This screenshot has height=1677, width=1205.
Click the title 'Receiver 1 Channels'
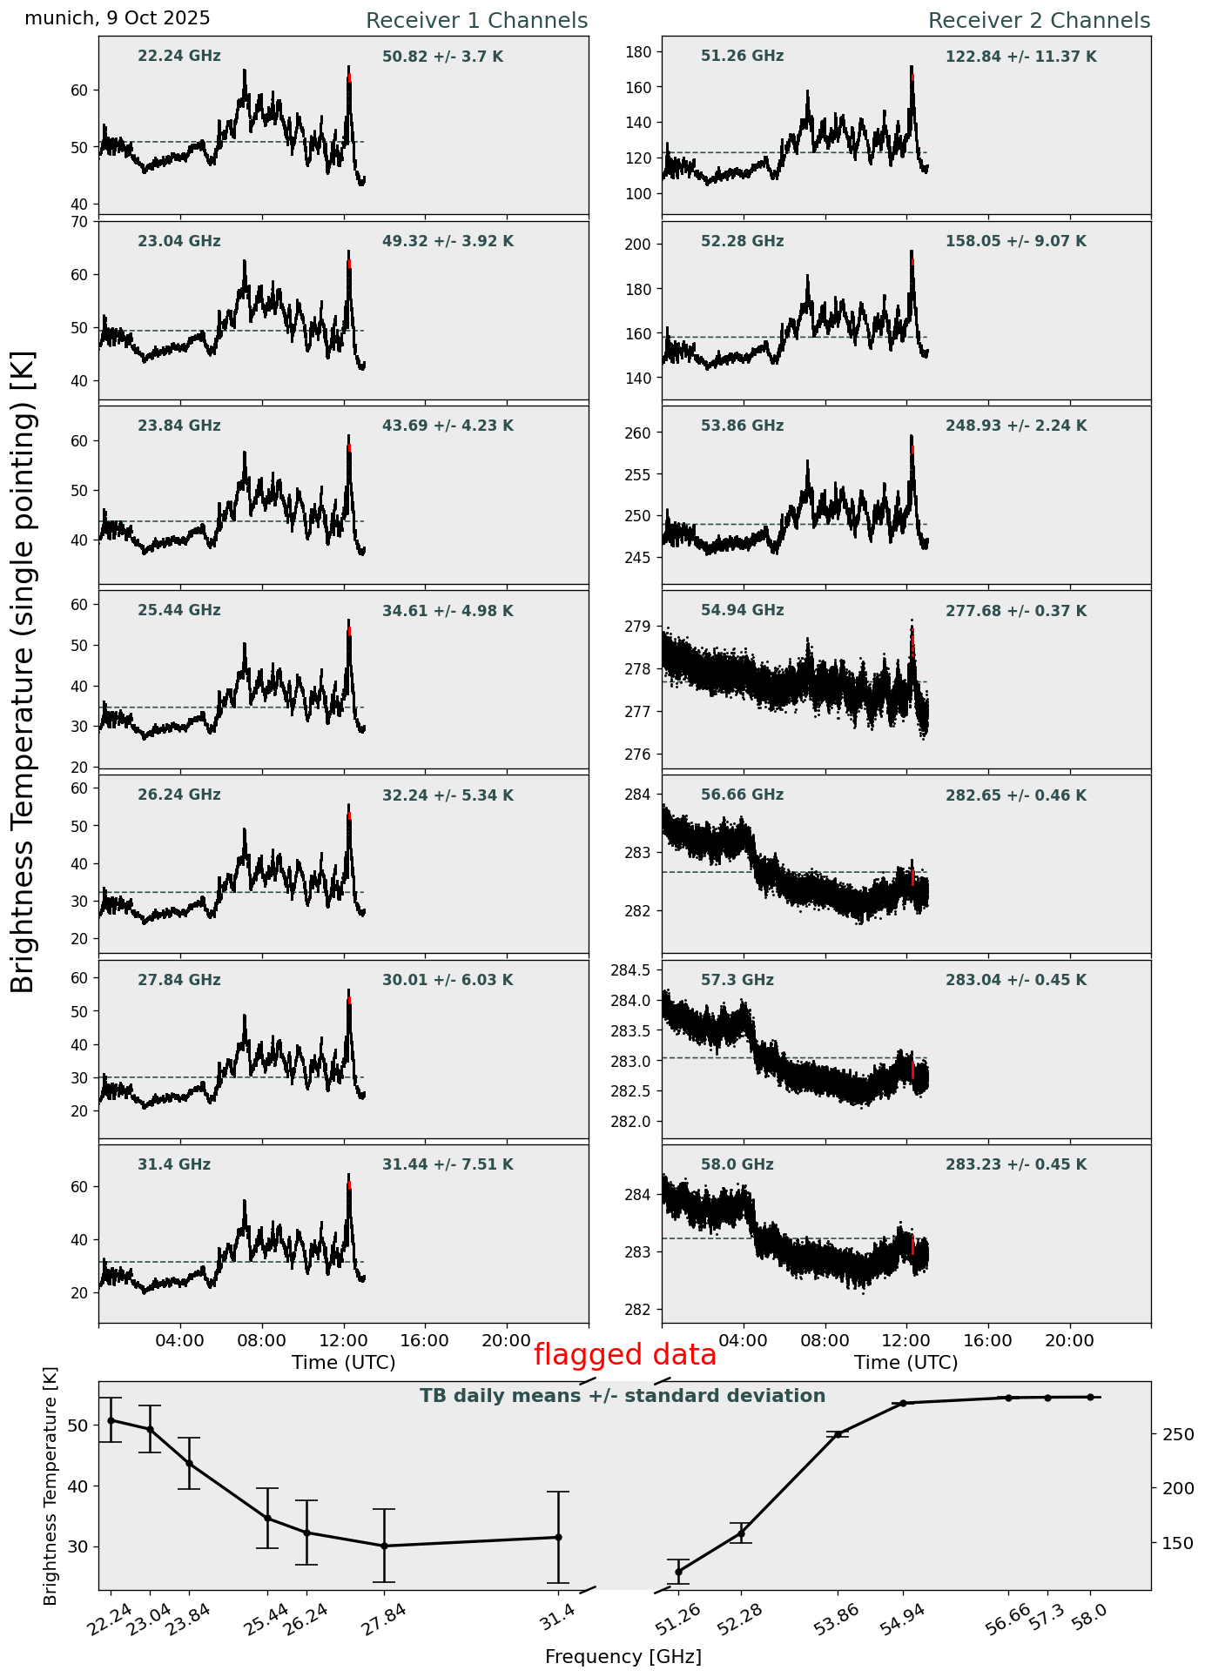click(x=476, y=21)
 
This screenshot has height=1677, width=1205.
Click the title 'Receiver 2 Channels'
click(x=1039, y=21)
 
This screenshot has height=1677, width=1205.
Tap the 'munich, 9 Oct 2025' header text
click(x=118, y=18)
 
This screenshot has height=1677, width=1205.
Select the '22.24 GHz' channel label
click(x=179, y=57)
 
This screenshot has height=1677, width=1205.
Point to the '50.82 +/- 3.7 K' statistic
click(x=442, y=57)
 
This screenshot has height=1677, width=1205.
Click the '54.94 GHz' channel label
click(x=742, y=611)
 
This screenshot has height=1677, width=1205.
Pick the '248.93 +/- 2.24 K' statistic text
click(x=1015, y=426)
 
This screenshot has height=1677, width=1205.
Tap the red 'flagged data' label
click(x=624, y=1355)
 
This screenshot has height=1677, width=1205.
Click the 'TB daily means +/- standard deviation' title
click(x=623, y=1396)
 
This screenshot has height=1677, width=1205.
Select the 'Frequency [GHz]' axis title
click(x=623, y=1657)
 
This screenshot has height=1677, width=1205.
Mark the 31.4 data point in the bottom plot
click(x=558, y=1537)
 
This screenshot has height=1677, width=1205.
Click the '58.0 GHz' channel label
click(x=737, y=1165)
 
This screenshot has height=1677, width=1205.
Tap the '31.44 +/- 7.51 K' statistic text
click(x=448, y=1165)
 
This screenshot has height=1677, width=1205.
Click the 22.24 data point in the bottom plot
click(x=111, y=1420)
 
